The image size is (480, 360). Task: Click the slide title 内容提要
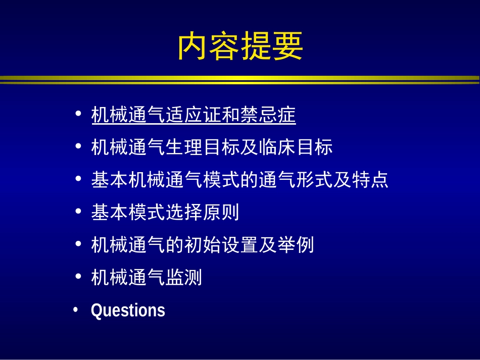click(240, 46)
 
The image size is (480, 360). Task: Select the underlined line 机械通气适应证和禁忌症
click(193, 116)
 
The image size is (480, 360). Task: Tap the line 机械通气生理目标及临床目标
click(212, 147)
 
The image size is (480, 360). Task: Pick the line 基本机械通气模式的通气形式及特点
click(239, 180)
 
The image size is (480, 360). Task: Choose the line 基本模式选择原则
click(165, 212)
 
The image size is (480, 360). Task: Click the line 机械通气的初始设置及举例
click(203, 245)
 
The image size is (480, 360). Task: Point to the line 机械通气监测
click(147, 277)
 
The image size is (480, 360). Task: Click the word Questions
click(128, 310)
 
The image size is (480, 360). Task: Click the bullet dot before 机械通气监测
click(78, 276)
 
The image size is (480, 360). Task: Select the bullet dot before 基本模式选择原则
click(78, 211)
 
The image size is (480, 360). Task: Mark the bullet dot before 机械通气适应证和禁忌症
click(78, 114)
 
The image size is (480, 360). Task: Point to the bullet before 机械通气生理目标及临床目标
click(78, 146)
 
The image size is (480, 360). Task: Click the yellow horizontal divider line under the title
click(240, 79)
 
